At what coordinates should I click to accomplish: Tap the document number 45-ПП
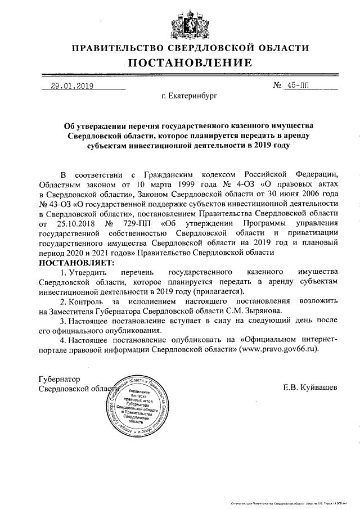(298, 86)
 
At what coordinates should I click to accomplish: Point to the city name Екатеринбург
(188, 97)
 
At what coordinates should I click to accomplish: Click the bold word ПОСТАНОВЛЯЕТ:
(76, 263)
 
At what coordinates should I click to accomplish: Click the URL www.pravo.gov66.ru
(275, 349)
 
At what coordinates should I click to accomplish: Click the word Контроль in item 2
(90, 301)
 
